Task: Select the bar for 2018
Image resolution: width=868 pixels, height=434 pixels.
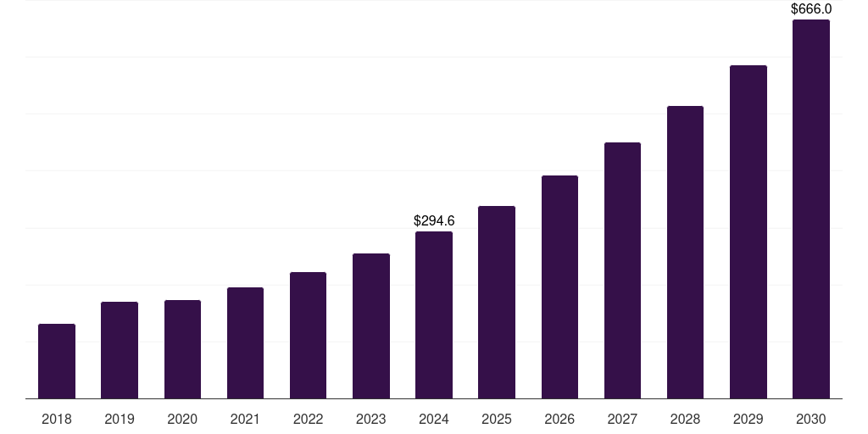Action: (57, 361)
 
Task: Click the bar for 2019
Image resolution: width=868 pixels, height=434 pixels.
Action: (120, 350)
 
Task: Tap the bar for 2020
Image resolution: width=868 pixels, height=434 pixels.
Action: (182, 349)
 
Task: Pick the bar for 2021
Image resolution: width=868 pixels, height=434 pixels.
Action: (245, 343)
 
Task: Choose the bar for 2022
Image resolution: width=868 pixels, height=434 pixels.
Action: (308, 336)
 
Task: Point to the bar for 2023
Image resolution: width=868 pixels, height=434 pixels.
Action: (371, 326)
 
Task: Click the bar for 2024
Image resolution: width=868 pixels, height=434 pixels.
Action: (434, 315)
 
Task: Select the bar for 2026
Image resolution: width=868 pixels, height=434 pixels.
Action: (559, 287)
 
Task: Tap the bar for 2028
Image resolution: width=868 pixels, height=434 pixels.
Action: (685, 253)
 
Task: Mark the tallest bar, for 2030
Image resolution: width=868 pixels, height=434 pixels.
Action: (811, 209)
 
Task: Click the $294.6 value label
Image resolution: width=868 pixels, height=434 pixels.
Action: (434, 220)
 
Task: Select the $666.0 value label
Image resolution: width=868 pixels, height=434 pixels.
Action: (811, 9)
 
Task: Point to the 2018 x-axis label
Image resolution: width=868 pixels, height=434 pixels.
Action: (57, 419)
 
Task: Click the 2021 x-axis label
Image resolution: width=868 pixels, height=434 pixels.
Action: (245, 419)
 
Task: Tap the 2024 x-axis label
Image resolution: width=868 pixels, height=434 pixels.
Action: (434, 419)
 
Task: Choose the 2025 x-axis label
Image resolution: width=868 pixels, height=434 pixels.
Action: (497, 419)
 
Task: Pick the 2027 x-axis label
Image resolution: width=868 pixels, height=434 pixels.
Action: (622, 419)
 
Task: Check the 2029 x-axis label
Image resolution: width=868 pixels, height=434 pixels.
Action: (748, 419)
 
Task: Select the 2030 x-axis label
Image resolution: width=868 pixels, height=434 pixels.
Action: (811, 419)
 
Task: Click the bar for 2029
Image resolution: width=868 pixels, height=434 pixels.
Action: (748, 232)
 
